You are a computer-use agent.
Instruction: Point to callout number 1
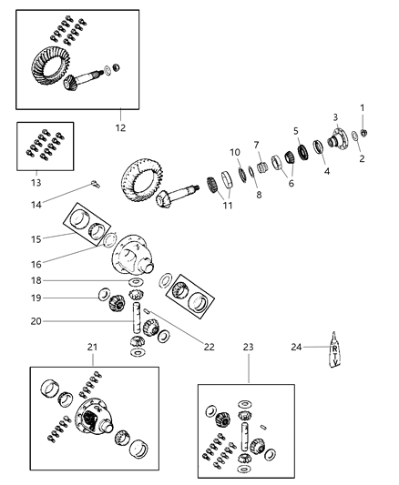point(362,108)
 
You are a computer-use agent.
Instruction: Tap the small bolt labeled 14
point(95,186)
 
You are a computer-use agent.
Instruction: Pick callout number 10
point(234,152)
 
